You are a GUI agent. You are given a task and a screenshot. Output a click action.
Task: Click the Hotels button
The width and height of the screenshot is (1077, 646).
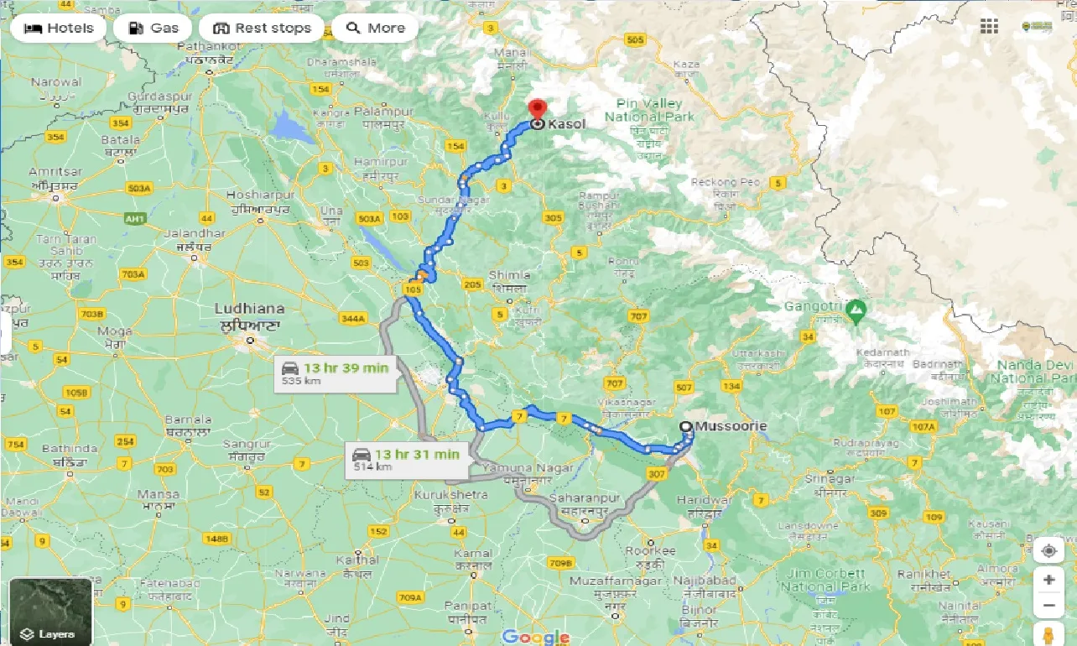[58, 28]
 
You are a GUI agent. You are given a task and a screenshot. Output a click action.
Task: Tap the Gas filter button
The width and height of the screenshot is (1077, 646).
[153, 28]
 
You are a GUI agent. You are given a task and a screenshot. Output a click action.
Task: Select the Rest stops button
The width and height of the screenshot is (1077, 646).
[262, 28]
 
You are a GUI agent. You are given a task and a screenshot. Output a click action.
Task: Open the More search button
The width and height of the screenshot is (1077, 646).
[375, 28]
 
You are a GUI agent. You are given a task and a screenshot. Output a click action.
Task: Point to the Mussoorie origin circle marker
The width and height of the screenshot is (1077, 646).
[686, 426]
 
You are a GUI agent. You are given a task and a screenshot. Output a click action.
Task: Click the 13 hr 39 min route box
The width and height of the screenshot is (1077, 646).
[336, 372]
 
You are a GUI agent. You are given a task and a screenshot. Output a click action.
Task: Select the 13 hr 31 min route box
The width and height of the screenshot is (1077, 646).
[406, 459]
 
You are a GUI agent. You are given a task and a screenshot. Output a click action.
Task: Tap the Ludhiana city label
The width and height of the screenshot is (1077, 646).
[249, 308]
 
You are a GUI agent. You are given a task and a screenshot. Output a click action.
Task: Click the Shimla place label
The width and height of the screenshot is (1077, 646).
[509, 275]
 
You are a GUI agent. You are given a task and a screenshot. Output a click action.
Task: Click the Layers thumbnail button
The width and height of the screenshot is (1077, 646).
[50, 611]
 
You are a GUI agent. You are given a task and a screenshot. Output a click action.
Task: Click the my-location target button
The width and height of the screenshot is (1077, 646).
[1048, 551]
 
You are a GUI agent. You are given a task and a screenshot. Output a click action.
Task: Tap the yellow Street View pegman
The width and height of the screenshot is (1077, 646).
[1048, 633]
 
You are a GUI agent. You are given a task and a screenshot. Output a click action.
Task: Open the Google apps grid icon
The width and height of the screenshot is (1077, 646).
[989, 27]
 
